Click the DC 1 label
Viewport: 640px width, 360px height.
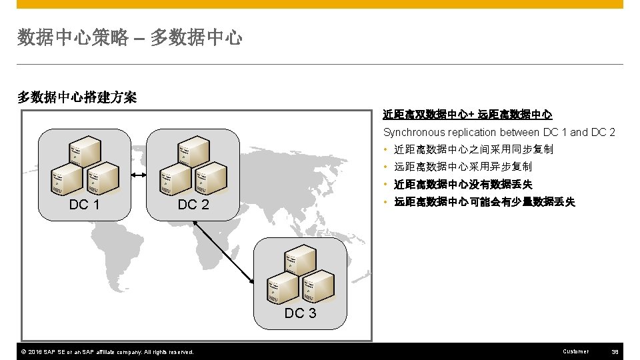point(84,205)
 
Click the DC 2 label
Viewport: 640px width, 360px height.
point(193,205)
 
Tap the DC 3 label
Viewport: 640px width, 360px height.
point(300,313)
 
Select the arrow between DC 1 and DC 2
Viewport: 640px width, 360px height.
point(139,175)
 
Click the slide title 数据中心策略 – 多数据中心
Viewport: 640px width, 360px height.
point(130,38)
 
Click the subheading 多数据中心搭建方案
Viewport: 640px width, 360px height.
point(77,97)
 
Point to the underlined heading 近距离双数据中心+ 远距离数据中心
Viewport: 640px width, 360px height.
point(467,115)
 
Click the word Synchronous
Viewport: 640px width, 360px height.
point(414,132)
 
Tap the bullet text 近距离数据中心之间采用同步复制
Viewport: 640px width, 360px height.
point(473,149)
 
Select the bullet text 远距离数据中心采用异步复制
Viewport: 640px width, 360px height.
point(463,167)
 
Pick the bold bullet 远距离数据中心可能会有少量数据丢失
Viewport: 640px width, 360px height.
point(485,202)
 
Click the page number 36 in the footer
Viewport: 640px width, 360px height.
point(615,351)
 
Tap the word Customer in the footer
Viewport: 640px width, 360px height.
point(576,351)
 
